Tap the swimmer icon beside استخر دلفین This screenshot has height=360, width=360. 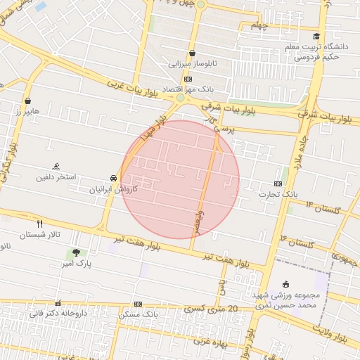[56, 167]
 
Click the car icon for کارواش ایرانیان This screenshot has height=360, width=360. [113, 178]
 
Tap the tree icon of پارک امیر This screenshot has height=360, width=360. [75, 252]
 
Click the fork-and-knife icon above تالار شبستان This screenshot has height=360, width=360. [40, 224]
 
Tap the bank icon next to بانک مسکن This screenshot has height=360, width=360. [138, 304]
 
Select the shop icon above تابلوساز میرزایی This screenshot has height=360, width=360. [192, 53]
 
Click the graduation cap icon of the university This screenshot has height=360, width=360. [316, 37]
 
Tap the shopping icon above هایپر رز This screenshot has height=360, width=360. [27, 101]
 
